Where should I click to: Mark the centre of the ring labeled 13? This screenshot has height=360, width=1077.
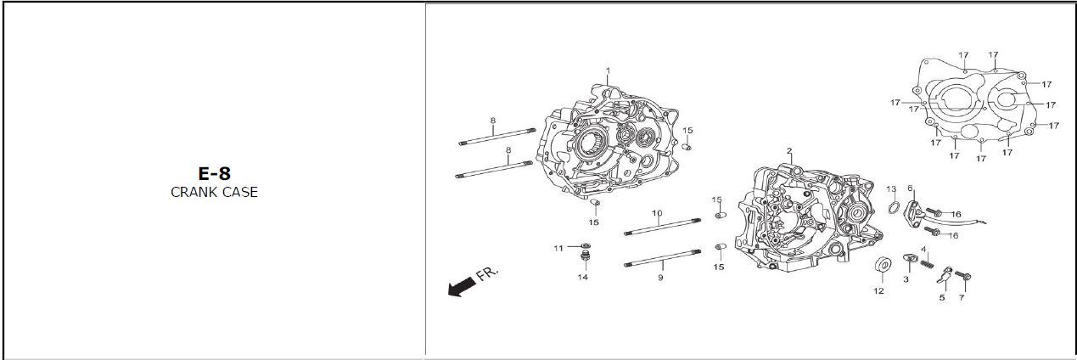tap(894, 208)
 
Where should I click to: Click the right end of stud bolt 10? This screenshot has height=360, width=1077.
tap(699, 221)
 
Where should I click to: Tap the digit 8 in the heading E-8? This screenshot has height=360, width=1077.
tap(222, 173)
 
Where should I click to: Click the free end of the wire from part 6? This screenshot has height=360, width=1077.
tap(986, 222)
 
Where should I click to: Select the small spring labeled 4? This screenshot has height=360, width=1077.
tap(928, 264)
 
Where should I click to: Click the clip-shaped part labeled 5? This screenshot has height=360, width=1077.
tap(945, 275)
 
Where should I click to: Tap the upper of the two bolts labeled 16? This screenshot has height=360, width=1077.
tap(934, 212)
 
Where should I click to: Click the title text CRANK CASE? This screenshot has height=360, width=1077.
tap(214, 192)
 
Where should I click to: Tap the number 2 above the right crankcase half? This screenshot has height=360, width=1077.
tap(789, 151)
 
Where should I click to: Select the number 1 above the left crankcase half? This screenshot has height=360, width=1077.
tap(608, 70)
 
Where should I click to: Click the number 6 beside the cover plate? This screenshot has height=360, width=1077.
tap(910, 188)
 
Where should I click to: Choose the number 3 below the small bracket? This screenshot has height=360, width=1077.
tap(906, 279)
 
